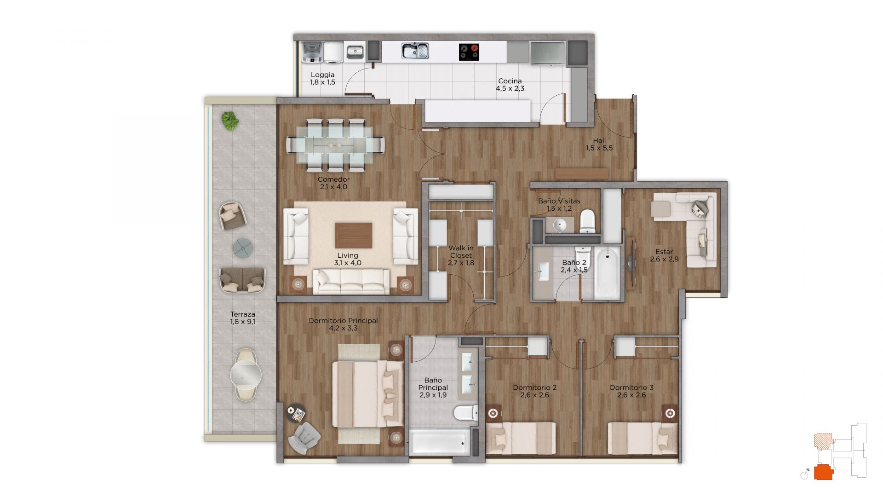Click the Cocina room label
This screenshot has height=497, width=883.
[510, 81]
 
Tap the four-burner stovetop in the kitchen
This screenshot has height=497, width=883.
[469, 51]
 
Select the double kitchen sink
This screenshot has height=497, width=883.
[415, 51]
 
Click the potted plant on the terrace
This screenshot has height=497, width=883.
[230, 121]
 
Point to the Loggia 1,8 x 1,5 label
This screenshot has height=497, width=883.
[322, 78]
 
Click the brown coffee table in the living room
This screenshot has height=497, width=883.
[354, 235]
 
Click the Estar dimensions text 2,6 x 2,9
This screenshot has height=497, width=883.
[664, 259]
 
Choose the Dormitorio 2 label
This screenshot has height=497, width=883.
[534, 387]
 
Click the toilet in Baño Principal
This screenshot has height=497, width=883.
[466, 413]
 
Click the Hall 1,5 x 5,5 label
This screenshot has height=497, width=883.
[599, 144]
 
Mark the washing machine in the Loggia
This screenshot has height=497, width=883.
[312, 52]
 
